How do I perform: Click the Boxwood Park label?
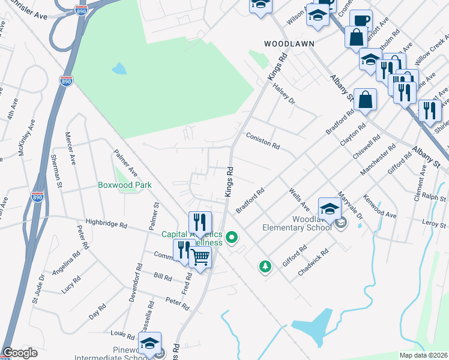coord(124,185)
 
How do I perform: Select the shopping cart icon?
coord(200,257)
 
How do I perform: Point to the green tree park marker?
coord(264,265)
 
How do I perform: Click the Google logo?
coord(20,353)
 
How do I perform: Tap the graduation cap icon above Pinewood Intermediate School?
coord(149,343)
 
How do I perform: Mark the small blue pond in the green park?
coord(119,68)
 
